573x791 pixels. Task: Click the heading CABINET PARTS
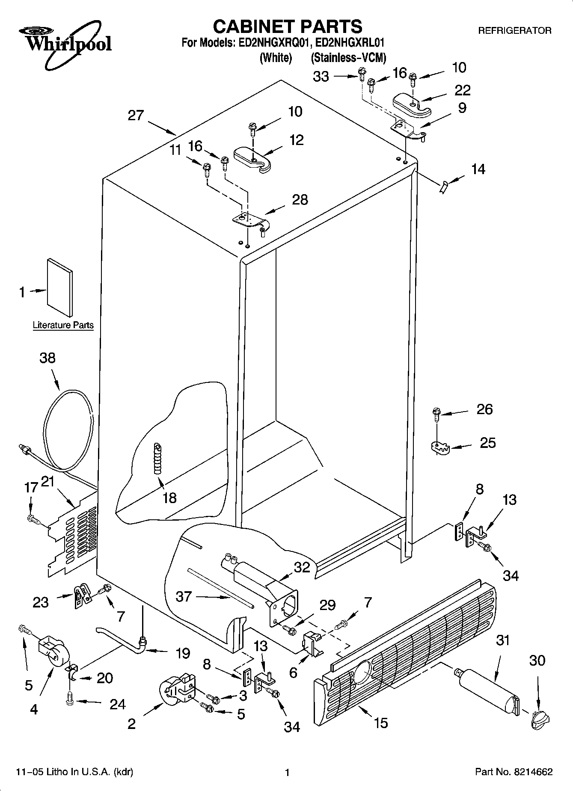pos(288,27)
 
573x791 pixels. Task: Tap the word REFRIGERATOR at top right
pos(514,31)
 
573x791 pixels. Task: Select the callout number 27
pos(136,116)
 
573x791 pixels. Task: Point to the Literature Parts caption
pos(63,325)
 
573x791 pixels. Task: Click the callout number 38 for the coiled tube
pos(48,358)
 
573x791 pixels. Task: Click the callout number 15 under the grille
pos(380,723)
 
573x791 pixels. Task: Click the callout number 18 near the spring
pos(170,498)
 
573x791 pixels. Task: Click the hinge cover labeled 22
pos(412,104)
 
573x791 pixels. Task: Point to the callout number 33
pos(321,77)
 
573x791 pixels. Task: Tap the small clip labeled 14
pos(444,187)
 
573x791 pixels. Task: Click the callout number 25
pos(487,442)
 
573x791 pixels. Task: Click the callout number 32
pos(302,567)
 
